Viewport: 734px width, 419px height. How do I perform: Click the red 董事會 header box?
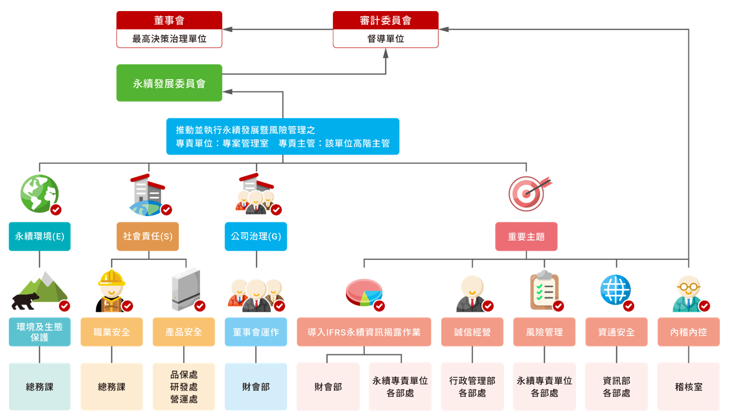[x=169, y=20]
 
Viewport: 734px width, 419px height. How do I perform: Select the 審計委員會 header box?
[x=385, y=20]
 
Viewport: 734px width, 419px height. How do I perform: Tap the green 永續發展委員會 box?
[x=169, y=83]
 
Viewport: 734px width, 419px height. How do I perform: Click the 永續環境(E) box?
[x=39, y=236]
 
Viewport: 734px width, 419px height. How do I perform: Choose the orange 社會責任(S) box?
[x=147, y=236]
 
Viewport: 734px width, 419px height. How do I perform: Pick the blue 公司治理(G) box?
[x=255, y=236]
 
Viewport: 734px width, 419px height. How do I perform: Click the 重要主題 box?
[x=526, y=237]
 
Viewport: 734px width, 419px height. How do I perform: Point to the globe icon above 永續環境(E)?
[x=39, y=193]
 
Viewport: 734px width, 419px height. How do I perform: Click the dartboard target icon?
[x=527, y=193]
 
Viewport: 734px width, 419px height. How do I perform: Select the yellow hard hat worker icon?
[x=112, y=290]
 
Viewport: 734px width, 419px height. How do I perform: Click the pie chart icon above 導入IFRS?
[x=364, y=292]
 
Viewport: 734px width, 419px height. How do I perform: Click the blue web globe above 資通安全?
[x=616, y=290]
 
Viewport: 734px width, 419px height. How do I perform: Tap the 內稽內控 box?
[x=688, y=332]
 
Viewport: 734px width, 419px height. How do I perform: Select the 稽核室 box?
[x=688, y=387]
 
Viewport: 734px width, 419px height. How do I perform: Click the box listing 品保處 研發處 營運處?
[x=184, y=387]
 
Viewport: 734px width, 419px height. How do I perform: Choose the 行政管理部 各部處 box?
[x=472, y=387]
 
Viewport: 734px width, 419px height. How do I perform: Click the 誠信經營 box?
[x=472, y=332]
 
